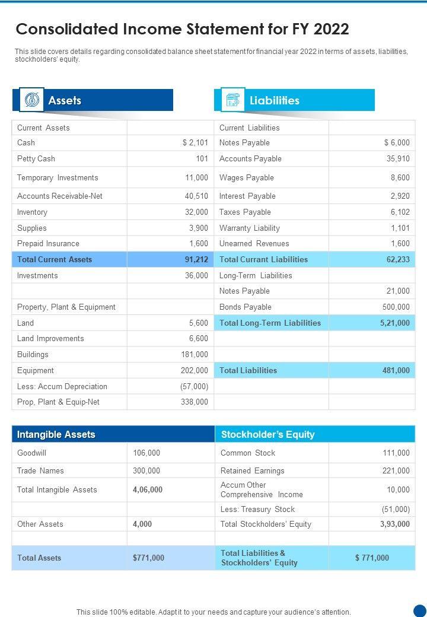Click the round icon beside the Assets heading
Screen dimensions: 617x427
[x=31, y=100]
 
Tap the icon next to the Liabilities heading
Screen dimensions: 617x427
[x=232, y=100]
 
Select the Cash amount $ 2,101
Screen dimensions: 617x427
[x=195, y=143]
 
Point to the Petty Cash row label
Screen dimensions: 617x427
[x=36, y=159]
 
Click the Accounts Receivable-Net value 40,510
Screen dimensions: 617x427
[x=196, y=196]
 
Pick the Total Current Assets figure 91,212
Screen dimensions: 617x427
[x=196, y=260]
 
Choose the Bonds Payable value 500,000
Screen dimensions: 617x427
[x=396, y=307]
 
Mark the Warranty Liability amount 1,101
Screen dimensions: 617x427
[x=400, y=228]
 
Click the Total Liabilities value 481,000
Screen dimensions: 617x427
[x=396, y=371]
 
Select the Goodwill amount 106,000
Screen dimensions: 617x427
[x=146, y=453]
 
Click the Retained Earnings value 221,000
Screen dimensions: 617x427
[x=396, y=471]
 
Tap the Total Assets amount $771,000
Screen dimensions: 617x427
[x=148, y=558]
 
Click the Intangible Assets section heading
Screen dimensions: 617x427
[x=56, y=435]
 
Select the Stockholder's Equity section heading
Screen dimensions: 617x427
[x=267, y=435]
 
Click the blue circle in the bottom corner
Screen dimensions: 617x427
[x=420, y=610]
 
